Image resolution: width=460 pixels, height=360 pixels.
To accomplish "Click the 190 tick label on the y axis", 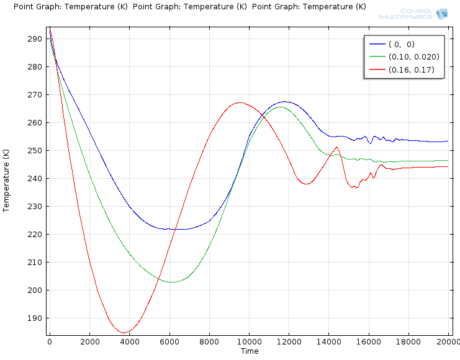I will click(x=35, y=318).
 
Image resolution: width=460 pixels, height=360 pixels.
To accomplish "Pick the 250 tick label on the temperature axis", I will click(x=35, y=150).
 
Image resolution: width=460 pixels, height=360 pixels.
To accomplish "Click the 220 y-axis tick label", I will click(x=35, y=234).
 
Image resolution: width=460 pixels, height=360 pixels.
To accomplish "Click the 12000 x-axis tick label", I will click(x=289, y=341).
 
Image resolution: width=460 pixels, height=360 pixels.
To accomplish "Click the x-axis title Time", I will click(x=249, y=351).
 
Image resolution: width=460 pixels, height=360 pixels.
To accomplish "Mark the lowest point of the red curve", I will click(x=124, y=333).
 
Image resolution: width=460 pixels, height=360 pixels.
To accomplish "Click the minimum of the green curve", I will click(x=171, y=282).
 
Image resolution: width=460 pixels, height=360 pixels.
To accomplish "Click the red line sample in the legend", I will click(x=377, y=70).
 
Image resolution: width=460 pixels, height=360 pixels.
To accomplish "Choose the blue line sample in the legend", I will click(x=377, y=44).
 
